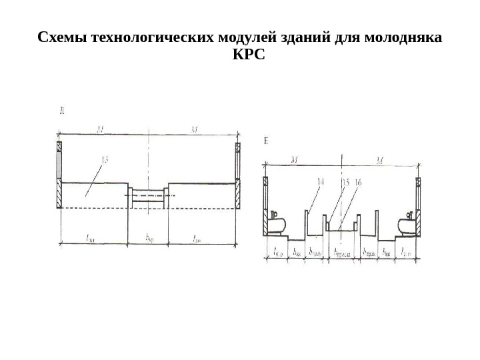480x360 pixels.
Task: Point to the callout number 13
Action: [105, 159]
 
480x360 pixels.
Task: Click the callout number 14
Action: [321, 181]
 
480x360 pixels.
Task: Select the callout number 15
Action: [345, 181]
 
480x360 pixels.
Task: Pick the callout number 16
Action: [357, 181]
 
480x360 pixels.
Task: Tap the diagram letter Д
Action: [61, 111]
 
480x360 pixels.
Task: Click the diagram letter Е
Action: [267, 141]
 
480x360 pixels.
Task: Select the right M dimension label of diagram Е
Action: [379, 161]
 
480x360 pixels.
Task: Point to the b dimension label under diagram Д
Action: [149, 237]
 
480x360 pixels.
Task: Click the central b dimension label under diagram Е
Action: [341, 253]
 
